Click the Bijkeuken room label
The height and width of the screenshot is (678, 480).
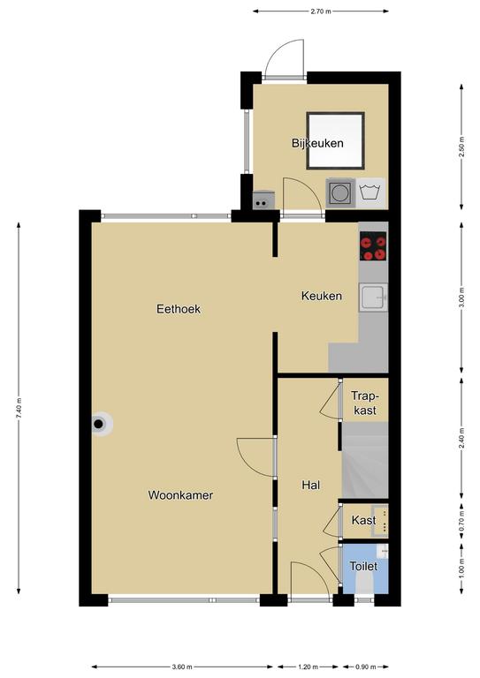click(x=317, y=143)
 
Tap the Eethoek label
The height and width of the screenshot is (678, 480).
click(x=179, y=309)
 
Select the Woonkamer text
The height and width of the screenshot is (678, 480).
click(x=180, y=495)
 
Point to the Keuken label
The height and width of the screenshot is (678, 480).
click(x=322, y=296)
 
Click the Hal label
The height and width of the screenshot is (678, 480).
click(x=311, y=486)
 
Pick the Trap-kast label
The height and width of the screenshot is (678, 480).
click(x=365, y=403)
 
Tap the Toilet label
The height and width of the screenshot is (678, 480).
click(x=363, y=566)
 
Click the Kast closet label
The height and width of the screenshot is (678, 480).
click(x=363, y=520)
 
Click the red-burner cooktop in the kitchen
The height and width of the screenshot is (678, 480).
click(x=373, y=246)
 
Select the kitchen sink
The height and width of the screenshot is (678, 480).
click(x=373, y=298)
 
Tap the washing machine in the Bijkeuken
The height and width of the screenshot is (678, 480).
click(x=340, y=192)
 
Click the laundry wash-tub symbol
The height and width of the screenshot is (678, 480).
click(x=370, y=192)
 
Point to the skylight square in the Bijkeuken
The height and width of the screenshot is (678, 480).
click(x=335, y=141)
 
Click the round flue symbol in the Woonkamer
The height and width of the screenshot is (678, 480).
click(x=99, y=424)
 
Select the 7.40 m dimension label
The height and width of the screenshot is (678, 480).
click(x=19, y=408)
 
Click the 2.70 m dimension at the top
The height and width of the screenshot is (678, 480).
click(x=321, y=11)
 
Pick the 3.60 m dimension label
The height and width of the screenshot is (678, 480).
click(x=182, y=667)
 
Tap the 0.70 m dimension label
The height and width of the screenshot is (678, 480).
click(x=461, y=521)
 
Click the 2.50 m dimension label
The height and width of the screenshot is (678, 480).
click(x=461, y=147)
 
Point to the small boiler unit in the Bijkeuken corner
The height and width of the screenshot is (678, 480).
click(x=263, y=200)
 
